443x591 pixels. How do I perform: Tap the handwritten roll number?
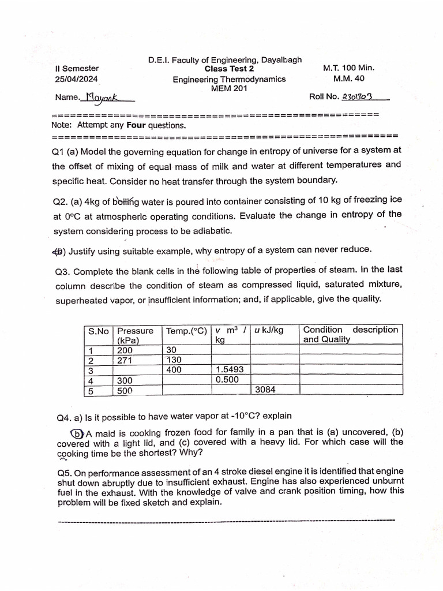[357, 97]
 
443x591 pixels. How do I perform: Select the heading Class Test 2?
[229, 69]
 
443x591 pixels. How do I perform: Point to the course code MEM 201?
[229, 89]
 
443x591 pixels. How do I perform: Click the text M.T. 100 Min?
[348, 68]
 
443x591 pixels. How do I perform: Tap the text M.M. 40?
[348, 78]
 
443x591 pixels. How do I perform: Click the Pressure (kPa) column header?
[135, 335]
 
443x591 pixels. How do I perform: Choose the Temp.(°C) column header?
[186, 331]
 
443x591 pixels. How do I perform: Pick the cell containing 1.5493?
[230, 370]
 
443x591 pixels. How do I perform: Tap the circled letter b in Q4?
[77, 434]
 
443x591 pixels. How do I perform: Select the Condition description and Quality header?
[350, 335]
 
